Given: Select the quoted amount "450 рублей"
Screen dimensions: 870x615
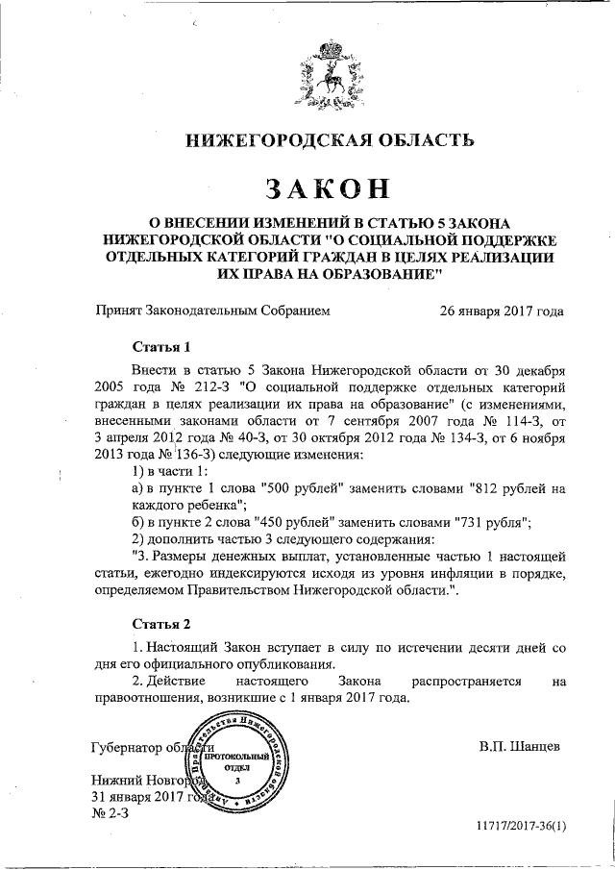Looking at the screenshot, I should (288, 522).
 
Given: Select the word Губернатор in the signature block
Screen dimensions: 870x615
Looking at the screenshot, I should (125, 747).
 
